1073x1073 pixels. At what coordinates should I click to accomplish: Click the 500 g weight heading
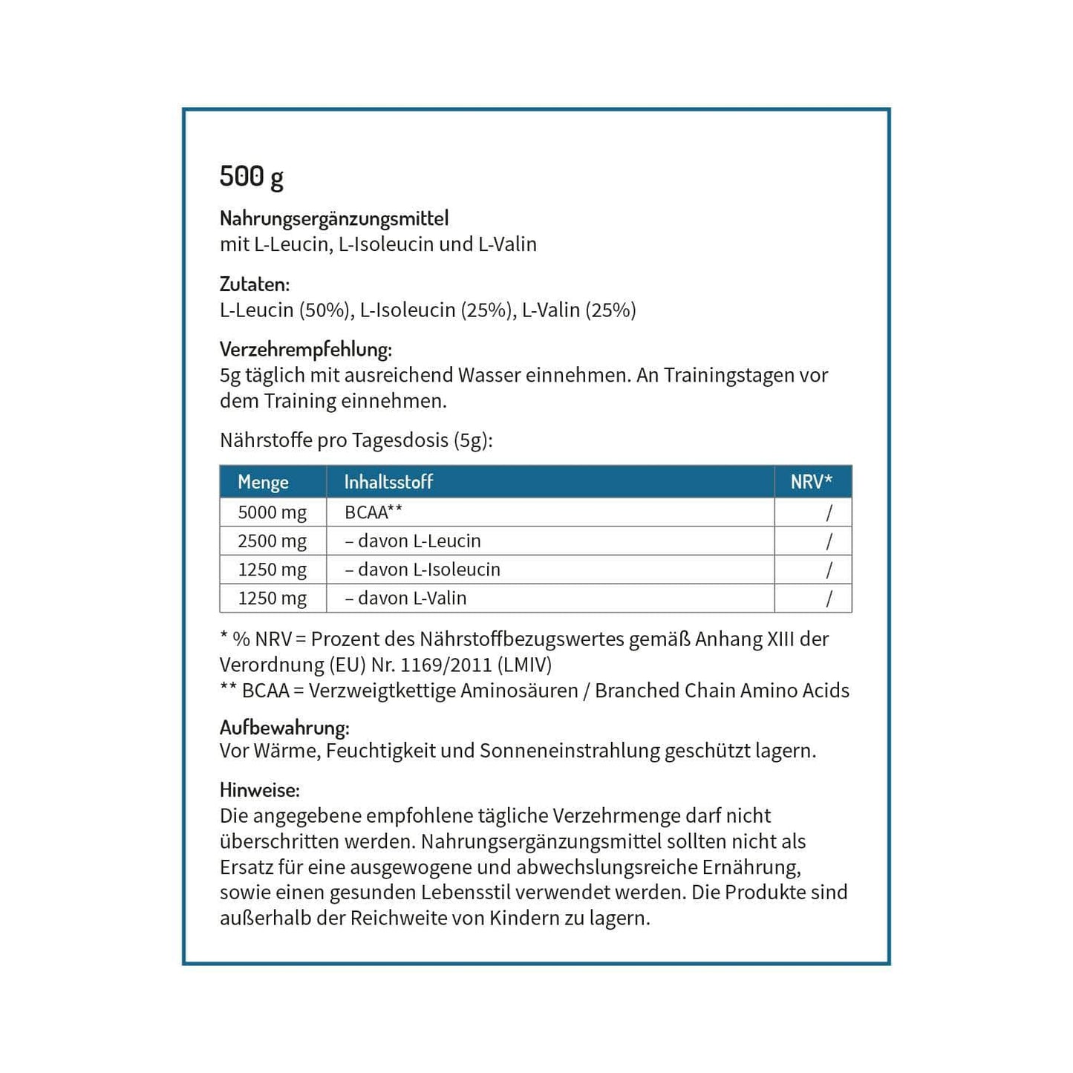click(x=251, y=177)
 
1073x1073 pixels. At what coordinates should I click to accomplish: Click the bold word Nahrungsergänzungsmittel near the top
click(x=334, y=218)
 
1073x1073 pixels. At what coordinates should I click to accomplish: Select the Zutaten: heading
click(x=255, y=284)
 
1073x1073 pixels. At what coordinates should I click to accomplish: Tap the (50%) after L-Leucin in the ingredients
click(x=324, y=310)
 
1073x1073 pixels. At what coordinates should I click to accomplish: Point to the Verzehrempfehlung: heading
click(x=306, y=349)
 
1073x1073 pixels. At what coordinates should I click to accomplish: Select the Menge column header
click(x=263, y=482)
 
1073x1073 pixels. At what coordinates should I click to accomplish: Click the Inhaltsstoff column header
click(x=388, y=482)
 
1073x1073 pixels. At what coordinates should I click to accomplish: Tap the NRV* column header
click(x=811, y=482)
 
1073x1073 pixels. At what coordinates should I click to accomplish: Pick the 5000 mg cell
click(x=272, y=512)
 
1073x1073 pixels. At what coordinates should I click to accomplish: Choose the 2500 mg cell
click(x=272, y=541)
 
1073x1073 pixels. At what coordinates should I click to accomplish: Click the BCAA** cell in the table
click(x=374, y=512)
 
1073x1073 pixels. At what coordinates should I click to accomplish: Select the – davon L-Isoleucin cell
click(x=423, y=570)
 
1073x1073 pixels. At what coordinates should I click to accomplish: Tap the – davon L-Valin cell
click(x=405, y=599)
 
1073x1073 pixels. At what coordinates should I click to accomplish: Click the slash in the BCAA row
click(x=829, y=512)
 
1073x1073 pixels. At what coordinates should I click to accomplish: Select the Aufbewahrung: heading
click(x=284, y=727)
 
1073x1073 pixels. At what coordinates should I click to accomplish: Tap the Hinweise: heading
click(x=260, y=789)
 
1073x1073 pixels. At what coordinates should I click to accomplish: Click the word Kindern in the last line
click(x=524, y=918)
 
